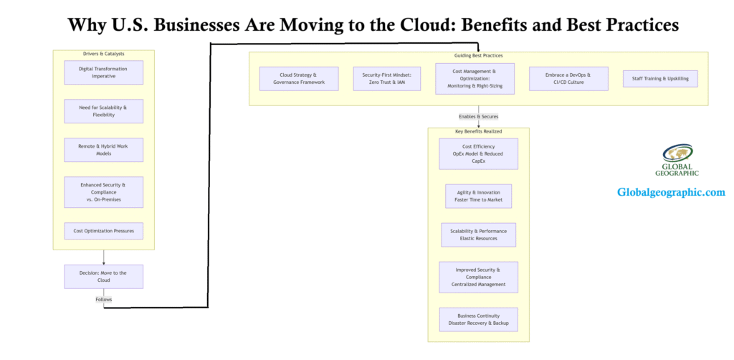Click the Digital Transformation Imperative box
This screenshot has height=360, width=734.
(x=103, y=72)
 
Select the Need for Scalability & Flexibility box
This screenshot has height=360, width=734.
(x=103, y=111)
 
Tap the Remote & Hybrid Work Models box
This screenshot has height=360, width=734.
(x=103, y=149)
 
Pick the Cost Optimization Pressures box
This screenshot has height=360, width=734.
(x=103, y=231)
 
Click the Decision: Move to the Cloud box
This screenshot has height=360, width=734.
(x=103, y=276)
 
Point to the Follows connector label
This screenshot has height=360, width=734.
(x=103, y=299)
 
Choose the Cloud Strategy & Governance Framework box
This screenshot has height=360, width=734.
(x=298, y=78)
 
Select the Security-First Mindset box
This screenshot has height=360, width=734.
(x=386, y=78)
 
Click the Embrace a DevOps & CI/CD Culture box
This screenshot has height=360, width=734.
(x=568, y=78)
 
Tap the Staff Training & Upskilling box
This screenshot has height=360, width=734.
(x=660, y=78)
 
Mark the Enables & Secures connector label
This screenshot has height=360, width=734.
(x=478, y=116)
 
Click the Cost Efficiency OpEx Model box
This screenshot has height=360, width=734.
(x=478, y=153)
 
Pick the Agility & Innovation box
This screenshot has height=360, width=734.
(x=478, y=196)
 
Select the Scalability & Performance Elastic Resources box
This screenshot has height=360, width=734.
(x=478, y=235)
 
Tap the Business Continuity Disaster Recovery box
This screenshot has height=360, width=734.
(x=478, y=319)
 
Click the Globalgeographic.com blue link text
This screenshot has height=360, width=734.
(x=670, y=192)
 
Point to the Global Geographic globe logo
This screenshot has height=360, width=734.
(x=677, y=154)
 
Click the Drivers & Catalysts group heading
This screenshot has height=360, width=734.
(x=103, y=55)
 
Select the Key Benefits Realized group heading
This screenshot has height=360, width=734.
(x=478, y=132)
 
